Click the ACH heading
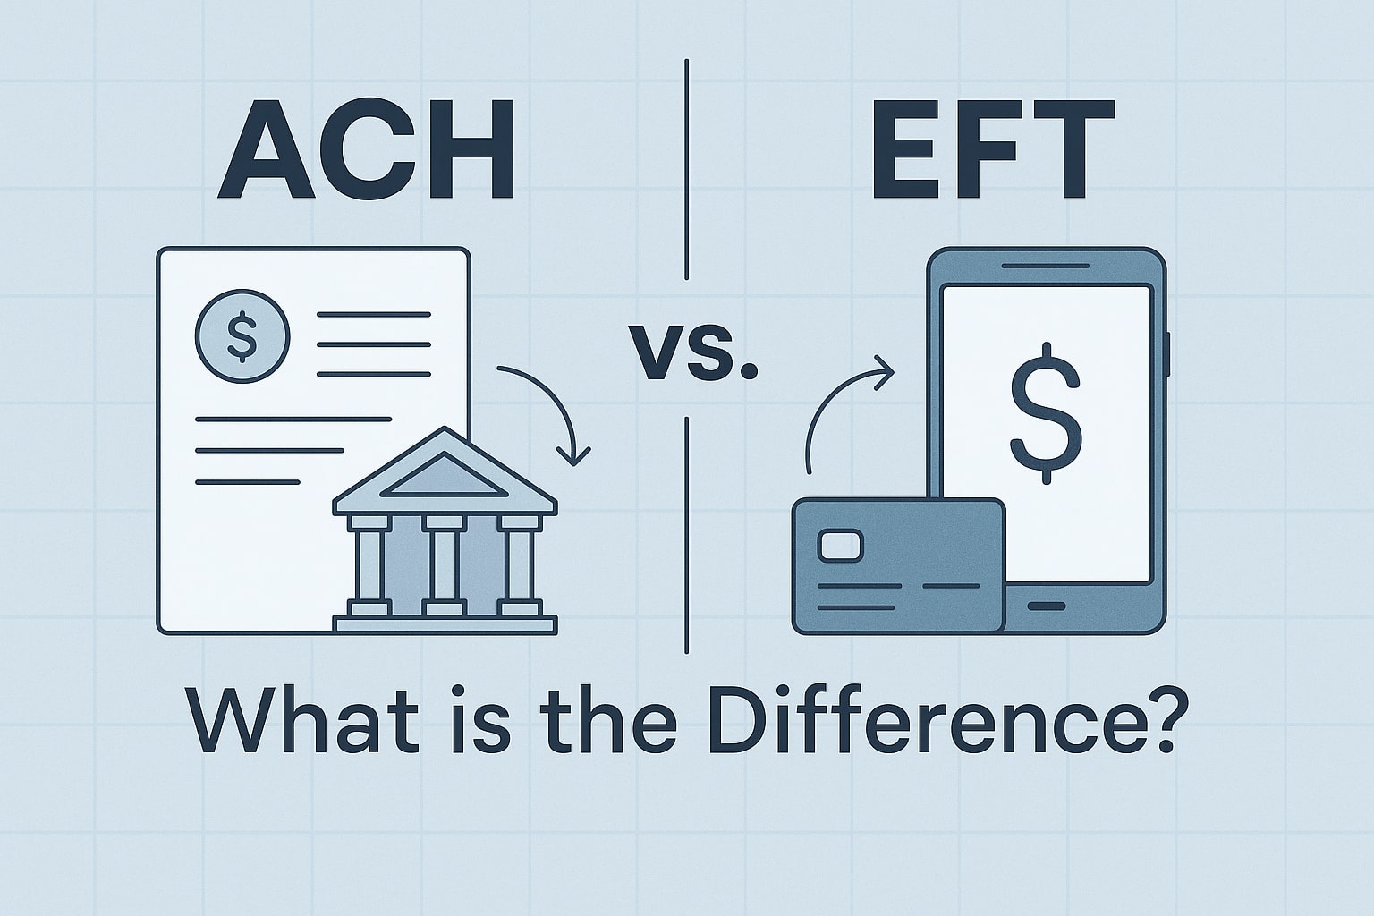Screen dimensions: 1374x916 tap(366, 149)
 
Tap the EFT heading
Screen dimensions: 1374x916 tap(993, 149)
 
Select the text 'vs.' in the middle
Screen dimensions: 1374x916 tap(693, 352)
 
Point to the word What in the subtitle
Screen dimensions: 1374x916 tap(302, 720)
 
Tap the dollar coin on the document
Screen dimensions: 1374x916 tap(242, 336)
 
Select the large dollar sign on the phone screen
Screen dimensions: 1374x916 tap(1047, 413)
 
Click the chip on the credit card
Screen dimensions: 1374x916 tap(840, 546)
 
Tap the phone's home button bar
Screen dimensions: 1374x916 tap(1047, 606)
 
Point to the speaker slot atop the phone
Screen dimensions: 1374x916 tap(1045, 266)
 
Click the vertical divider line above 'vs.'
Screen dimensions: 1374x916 tap(686, 169)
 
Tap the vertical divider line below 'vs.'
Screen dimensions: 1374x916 tap(686, 536)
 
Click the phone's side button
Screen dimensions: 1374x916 tap(1168, 354)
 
